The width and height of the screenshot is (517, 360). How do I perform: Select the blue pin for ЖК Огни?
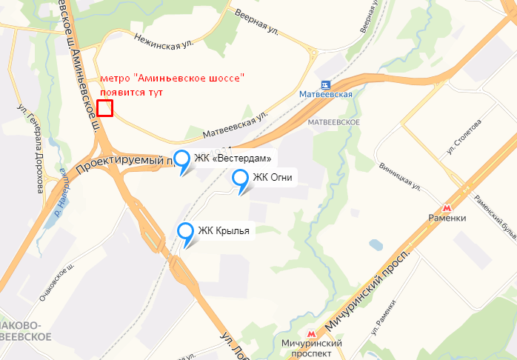(x=241, y=178)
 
